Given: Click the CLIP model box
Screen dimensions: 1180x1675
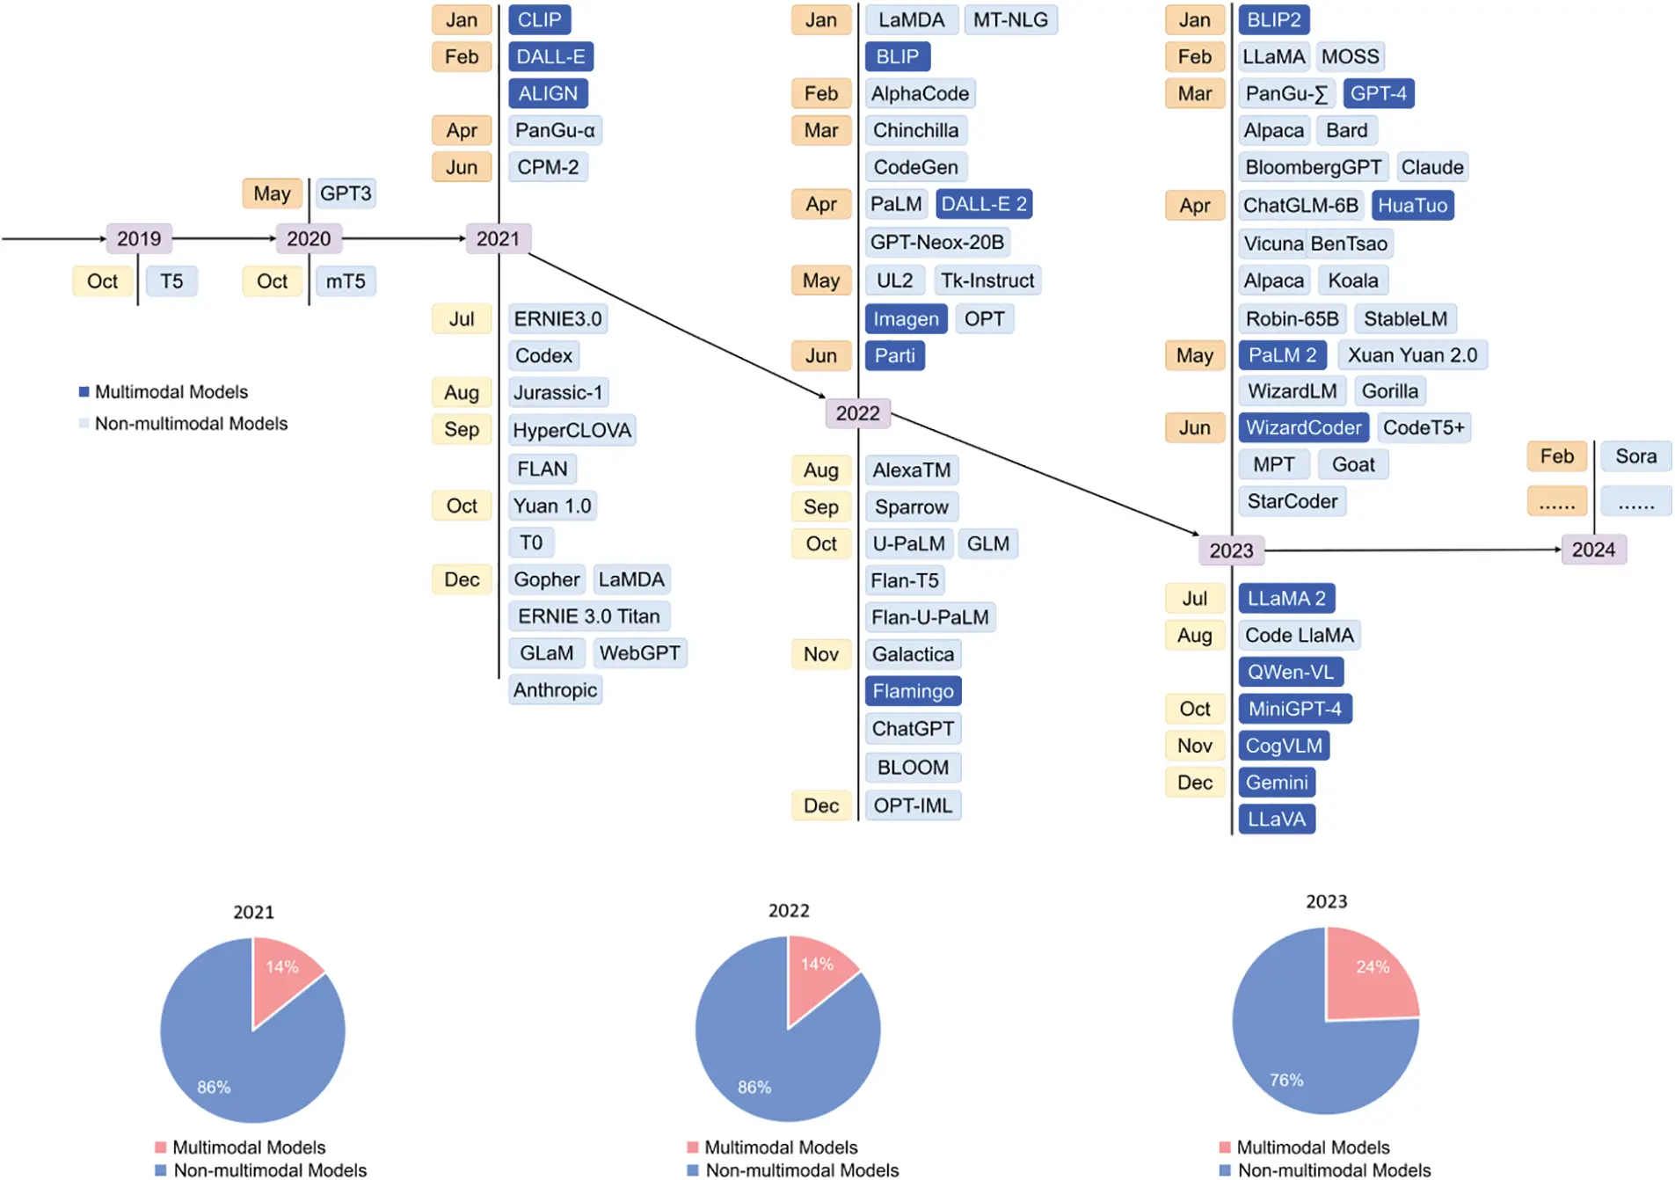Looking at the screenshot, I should (539, 19).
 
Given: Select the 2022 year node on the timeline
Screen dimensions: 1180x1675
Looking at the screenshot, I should (857, 412).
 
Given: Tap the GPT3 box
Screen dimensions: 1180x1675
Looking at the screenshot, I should (345, 193).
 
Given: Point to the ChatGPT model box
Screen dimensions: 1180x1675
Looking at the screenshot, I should (912, 728).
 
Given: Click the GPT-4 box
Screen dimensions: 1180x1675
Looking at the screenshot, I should (1377, 93).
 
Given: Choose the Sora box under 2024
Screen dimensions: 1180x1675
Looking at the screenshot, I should (1635, 455).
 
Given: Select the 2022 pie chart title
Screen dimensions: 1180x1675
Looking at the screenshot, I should (788, 910).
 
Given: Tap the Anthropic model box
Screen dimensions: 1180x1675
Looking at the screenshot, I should (555, 689).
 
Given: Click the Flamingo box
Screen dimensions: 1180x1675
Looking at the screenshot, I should (912, 690).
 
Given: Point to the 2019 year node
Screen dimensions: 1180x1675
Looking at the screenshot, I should (139, 238).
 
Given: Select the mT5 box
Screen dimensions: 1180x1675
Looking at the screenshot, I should (345, 280).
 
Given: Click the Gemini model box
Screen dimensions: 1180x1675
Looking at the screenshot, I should (1276, 782).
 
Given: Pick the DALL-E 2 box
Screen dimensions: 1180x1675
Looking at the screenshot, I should (983, 204).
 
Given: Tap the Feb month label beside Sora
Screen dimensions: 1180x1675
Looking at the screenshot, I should (1555, 455).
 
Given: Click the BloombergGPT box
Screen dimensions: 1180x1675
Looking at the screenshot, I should (1312, 167).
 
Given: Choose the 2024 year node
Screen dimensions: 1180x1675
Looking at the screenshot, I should (1592, 550).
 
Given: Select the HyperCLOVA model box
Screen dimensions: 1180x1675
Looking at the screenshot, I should (572, 430).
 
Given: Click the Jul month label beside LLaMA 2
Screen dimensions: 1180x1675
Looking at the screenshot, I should (1194, 598).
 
